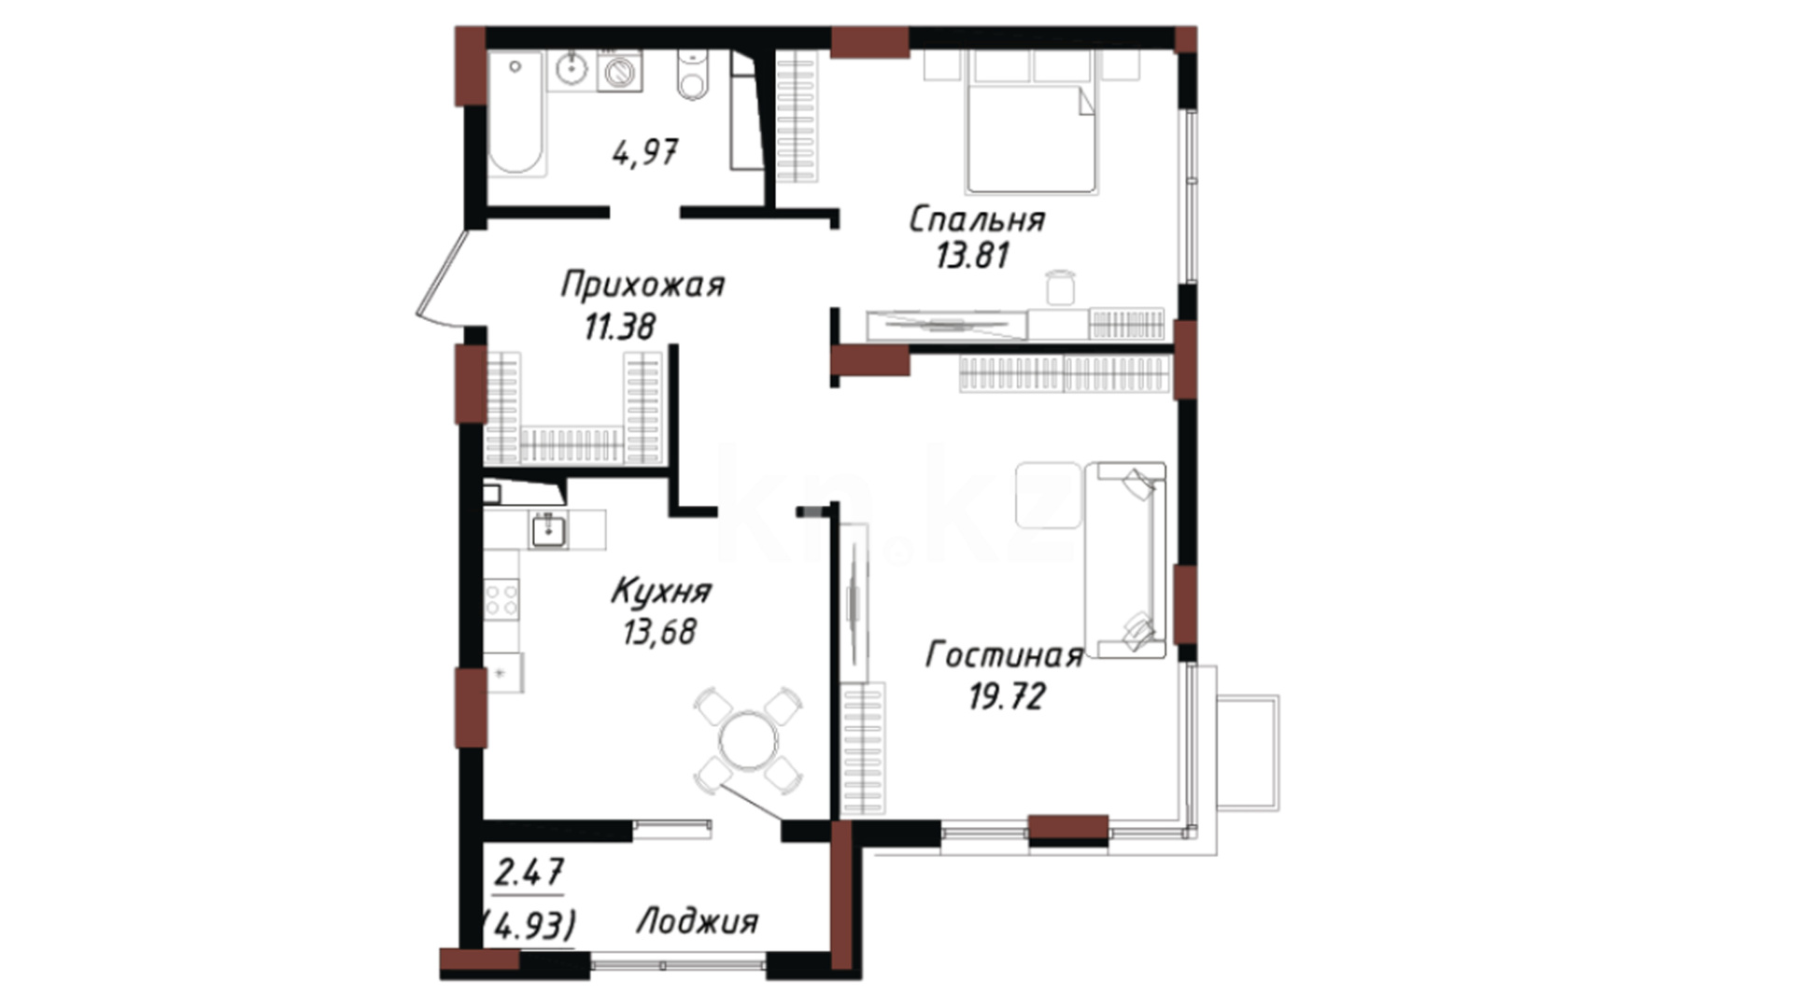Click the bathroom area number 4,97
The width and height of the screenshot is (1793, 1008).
click(645, 152)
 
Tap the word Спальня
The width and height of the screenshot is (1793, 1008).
click(977, 219)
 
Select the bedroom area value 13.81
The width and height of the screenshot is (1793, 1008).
click(973, 255)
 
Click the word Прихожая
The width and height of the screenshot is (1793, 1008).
click(642, 285)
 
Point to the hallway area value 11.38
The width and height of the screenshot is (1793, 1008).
click(620, 327)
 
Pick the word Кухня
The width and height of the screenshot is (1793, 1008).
click(661, 591)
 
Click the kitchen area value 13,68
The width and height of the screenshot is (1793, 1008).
click(659, 632)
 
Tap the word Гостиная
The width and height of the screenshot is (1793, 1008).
click(1004, 655)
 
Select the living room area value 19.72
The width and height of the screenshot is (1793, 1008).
click(1006, 696)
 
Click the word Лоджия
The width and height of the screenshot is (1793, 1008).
click(697, 922)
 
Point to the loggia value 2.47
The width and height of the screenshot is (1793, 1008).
click(529, 874)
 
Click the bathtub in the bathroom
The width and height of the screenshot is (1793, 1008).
click(516, 113)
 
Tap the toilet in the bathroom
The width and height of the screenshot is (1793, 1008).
click(692, 75)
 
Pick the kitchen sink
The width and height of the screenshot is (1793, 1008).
click(548, 530)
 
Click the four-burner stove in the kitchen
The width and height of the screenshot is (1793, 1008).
click(501, 597)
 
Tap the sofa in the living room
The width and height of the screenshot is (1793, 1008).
click(1125, 560)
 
